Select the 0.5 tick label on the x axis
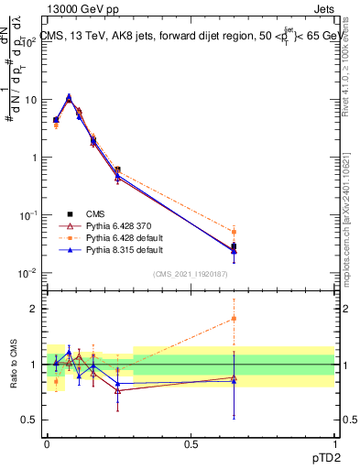pos(191,442)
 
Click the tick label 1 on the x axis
pos(334,442)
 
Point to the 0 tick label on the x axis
pos(47,442)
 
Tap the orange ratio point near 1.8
pos(234,319)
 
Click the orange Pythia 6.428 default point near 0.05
pos(234,232)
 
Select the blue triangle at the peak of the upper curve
pos(69,96)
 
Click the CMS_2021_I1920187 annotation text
pos(191,273)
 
